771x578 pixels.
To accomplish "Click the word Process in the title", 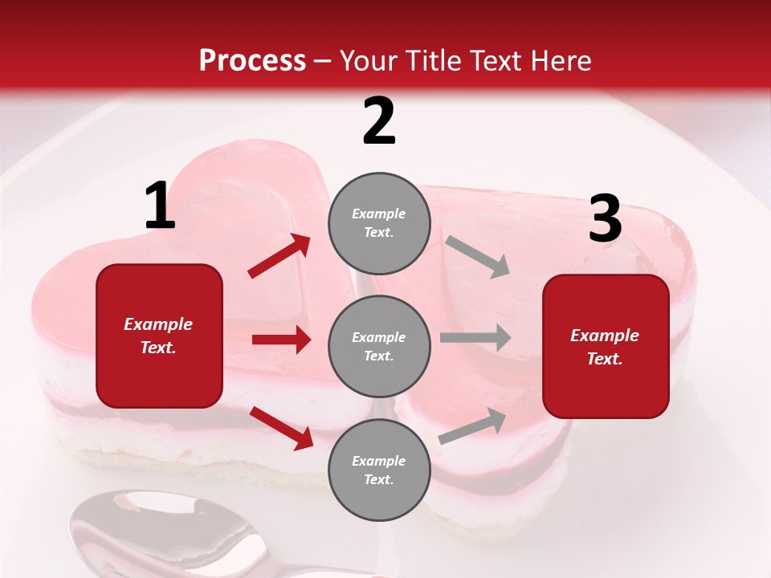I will pos(252,60).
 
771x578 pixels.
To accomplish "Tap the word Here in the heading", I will pos(559,60).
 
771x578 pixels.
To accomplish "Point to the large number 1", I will pos(159,206).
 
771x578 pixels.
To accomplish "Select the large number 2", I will pos(379,121).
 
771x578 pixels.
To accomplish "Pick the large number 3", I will pos(605,219).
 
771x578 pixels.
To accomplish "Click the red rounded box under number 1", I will pos(159,336).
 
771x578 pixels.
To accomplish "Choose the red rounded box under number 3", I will pos(606,347).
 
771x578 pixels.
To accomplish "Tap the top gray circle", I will pos(379,223).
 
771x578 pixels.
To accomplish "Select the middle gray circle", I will pos(379,346).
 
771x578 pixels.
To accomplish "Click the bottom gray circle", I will pos(379,470).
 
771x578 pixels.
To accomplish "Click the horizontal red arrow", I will pos(281,340).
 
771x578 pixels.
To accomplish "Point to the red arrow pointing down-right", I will pos(282,428).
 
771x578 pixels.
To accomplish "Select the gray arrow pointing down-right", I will pos(478,256).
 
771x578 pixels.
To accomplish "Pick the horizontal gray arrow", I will pos(475,337).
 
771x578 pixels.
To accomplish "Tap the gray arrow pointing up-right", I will pos(473,426).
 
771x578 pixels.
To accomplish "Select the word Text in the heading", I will pos(494,60).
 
